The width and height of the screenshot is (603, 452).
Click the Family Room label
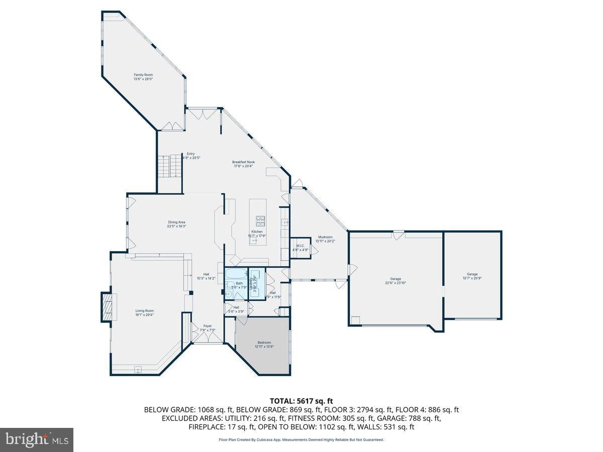click(x=143, y=75)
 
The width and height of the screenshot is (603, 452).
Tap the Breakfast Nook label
click(x=243, y=162)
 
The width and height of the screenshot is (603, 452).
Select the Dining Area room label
click(x=177, y=222)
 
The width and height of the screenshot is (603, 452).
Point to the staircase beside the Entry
click(x=166, y=165)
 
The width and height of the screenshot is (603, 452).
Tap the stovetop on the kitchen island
click(x=261, y=219)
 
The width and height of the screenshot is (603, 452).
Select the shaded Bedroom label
click(x=264, y=343)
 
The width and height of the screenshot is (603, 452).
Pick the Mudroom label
click(x=325, y=237)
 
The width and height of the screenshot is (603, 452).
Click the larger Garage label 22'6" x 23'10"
click(x=395, y=279)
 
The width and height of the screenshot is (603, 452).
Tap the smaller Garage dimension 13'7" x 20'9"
click(x=472, y=278)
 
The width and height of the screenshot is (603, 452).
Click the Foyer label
click(x=208, y=325)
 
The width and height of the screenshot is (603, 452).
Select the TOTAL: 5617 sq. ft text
click(x=301, y=401)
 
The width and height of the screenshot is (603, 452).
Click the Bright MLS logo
click(x=37, y=440)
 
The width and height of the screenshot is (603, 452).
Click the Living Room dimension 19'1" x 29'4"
click(x=144, y=315)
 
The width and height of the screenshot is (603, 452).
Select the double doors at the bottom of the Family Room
click(x=172, y=126)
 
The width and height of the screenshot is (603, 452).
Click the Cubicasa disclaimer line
click(x=301, y=439)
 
